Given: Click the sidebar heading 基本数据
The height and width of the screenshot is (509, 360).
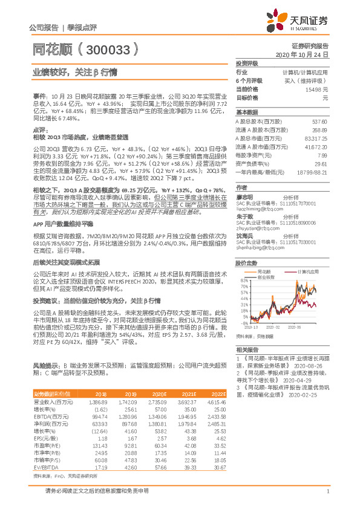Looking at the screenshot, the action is coord(246,113).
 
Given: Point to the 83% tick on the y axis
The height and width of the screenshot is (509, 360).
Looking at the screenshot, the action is coord(243,264).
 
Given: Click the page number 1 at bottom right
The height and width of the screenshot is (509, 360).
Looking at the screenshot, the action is coord(327,497).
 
